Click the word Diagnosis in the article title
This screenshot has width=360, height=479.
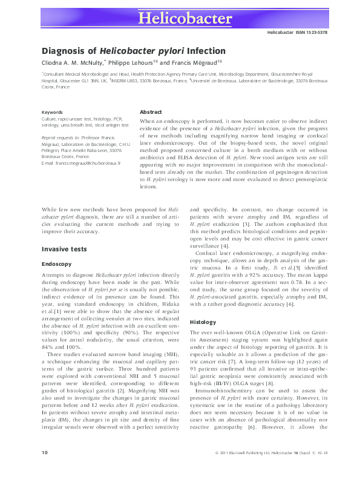tap(62, 51)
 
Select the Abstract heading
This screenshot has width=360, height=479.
tap(150, 112)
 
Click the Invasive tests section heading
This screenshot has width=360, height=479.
tap(65, 249)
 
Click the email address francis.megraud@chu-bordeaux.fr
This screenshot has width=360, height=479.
tap(87, 164)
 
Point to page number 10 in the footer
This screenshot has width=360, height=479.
tap(44, 469)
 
